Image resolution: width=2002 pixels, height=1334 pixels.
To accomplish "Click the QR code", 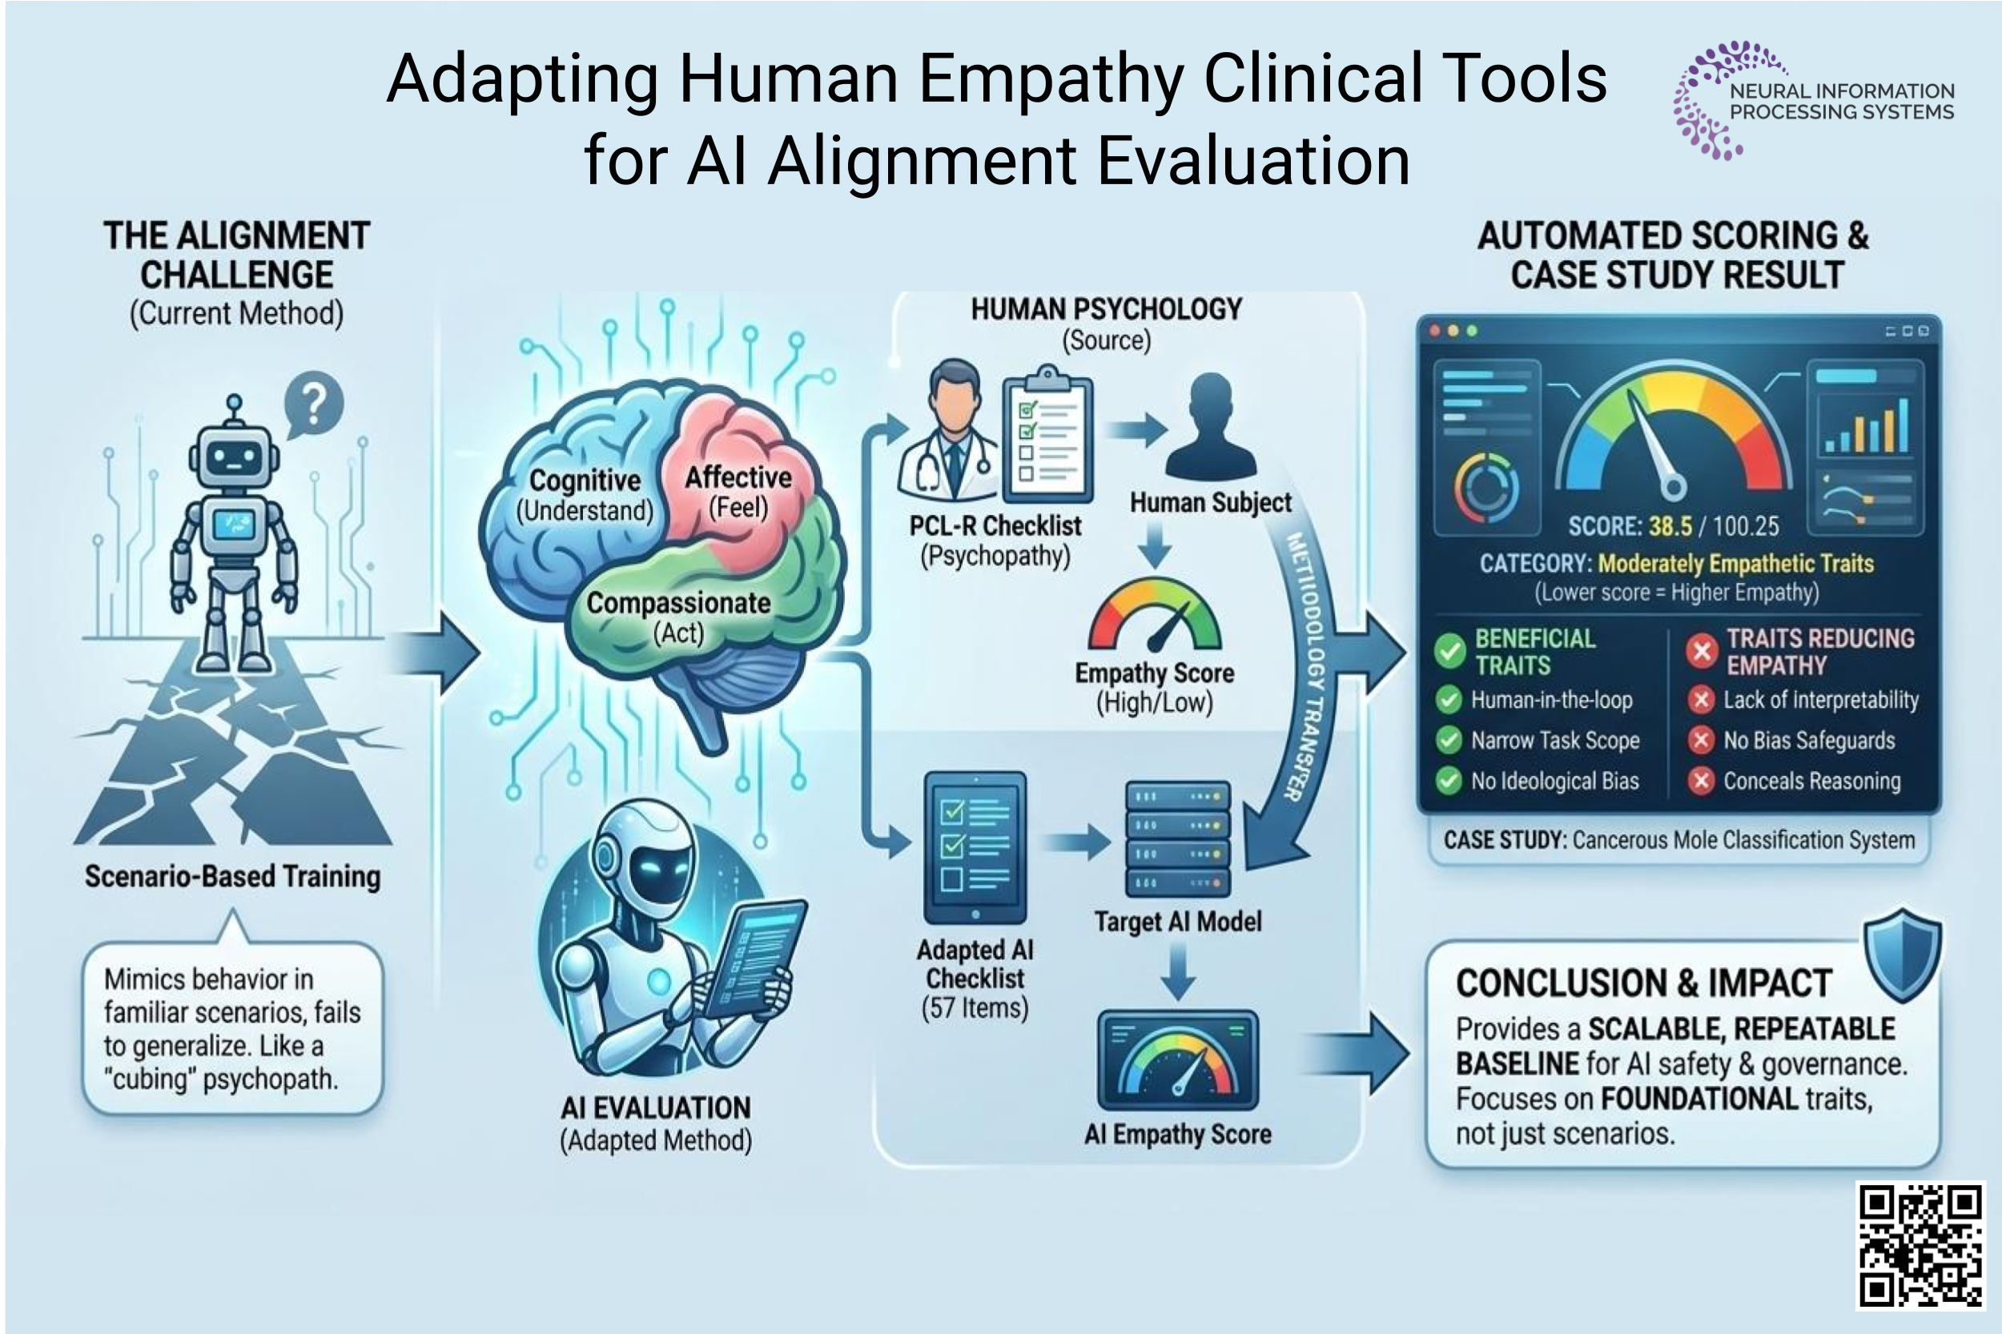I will coord(1920,1244).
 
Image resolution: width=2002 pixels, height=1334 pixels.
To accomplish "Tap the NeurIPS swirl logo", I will coord(1706,100).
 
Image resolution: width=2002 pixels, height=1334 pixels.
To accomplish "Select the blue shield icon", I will coord(1903,955).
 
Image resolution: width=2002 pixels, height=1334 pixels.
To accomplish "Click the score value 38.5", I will coord(1670,526).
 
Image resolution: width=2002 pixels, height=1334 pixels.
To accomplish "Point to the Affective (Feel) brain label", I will coord(738,492).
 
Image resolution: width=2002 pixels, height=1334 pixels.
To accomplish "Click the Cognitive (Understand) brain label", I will coord(585,495).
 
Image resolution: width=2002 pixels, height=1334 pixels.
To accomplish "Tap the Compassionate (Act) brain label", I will coord(678,617).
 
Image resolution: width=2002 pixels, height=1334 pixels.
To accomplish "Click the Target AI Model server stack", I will coord(1177,839).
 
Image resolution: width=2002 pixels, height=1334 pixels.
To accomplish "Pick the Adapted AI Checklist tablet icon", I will coord(975,846).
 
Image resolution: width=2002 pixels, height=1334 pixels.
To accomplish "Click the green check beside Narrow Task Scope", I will coord(1448,740).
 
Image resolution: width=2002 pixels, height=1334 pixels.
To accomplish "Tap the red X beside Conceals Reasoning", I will coord(1700,780).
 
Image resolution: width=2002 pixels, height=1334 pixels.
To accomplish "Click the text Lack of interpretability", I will coord(1820,699).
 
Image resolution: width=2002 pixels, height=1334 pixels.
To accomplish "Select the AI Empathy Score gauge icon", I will coord(1177,1060).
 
